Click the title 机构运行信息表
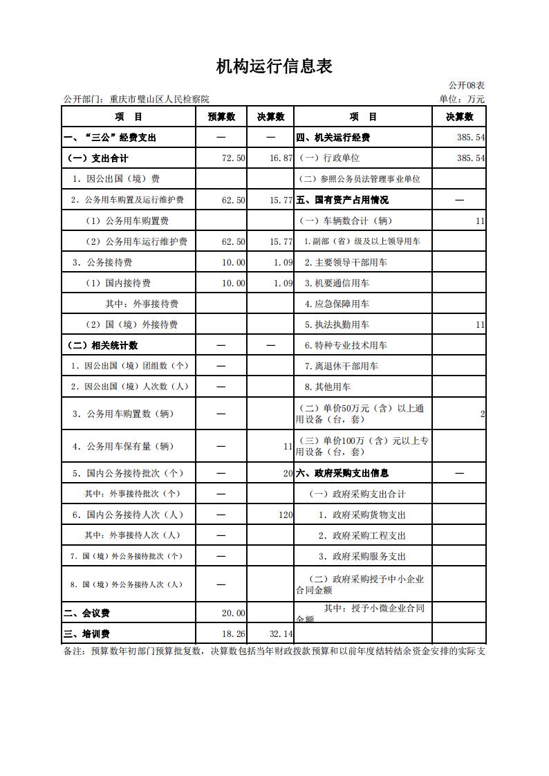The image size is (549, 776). click(x=274, y=66)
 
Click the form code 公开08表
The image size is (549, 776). click(x=467, y=85)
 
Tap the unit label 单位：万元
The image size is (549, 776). click(x=462, y=99)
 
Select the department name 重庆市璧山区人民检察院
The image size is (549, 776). click(x=159, y=100)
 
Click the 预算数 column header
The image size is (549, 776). click(x=222, y=117)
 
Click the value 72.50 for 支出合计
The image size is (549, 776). click(x=233, y=158)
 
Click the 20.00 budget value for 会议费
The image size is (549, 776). click(x=233, y=613)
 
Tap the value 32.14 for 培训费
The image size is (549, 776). click(x=281, y=634)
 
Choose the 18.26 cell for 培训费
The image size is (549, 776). click(x=233, y=634)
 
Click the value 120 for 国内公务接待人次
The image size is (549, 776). click(x=286, y=515)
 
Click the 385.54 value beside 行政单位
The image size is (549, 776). click(x=470, y=158)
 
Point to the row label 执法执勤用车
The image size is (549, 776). click(x=337, y=324)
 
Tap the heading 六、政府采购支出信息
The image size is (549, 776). click(x=342, y=473)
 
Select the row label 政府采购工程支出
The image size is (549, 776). click(x=362, y=535)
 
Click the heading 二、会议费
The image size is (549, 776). click(x=86, y=613)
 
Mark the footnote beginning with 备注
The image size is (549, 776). click(x=274, y=652)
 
